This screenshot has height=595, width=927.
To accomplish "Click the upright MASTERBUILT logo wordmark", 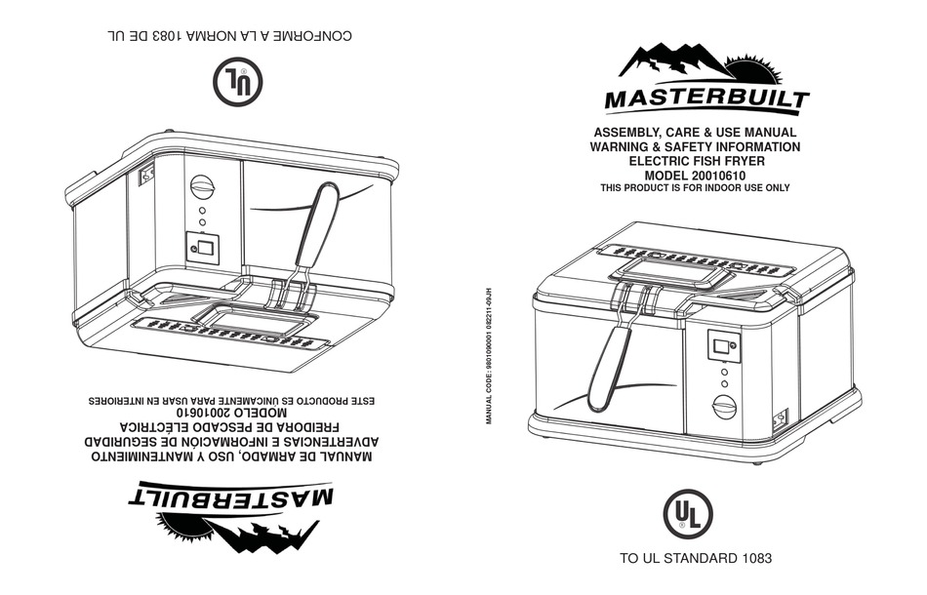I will (x=705, y=99).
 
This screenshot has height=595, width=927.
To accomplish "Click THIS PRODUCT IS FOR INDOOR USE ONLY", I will (x=695, y=188).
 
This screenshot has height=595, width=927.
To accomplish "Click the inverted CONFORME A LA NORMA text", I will (x=227, y=37).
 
